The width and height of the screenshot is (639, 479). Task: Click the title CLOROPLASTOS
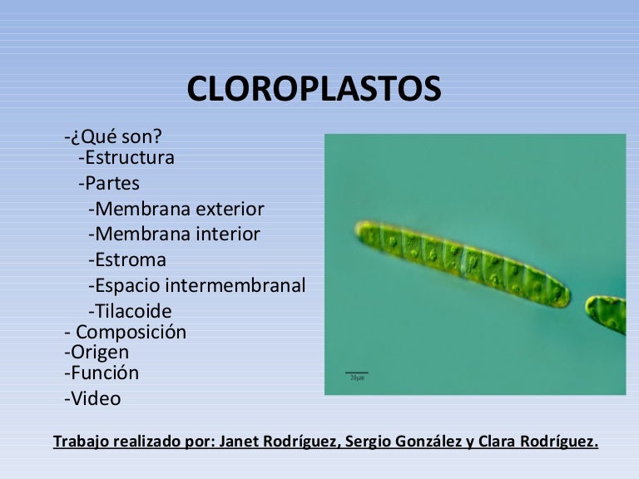[314, 90]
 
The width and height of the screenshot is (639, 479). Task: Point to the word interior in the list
[227, 235]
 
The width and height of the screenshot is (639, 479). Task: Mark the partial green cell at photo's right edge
[607, 314]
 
